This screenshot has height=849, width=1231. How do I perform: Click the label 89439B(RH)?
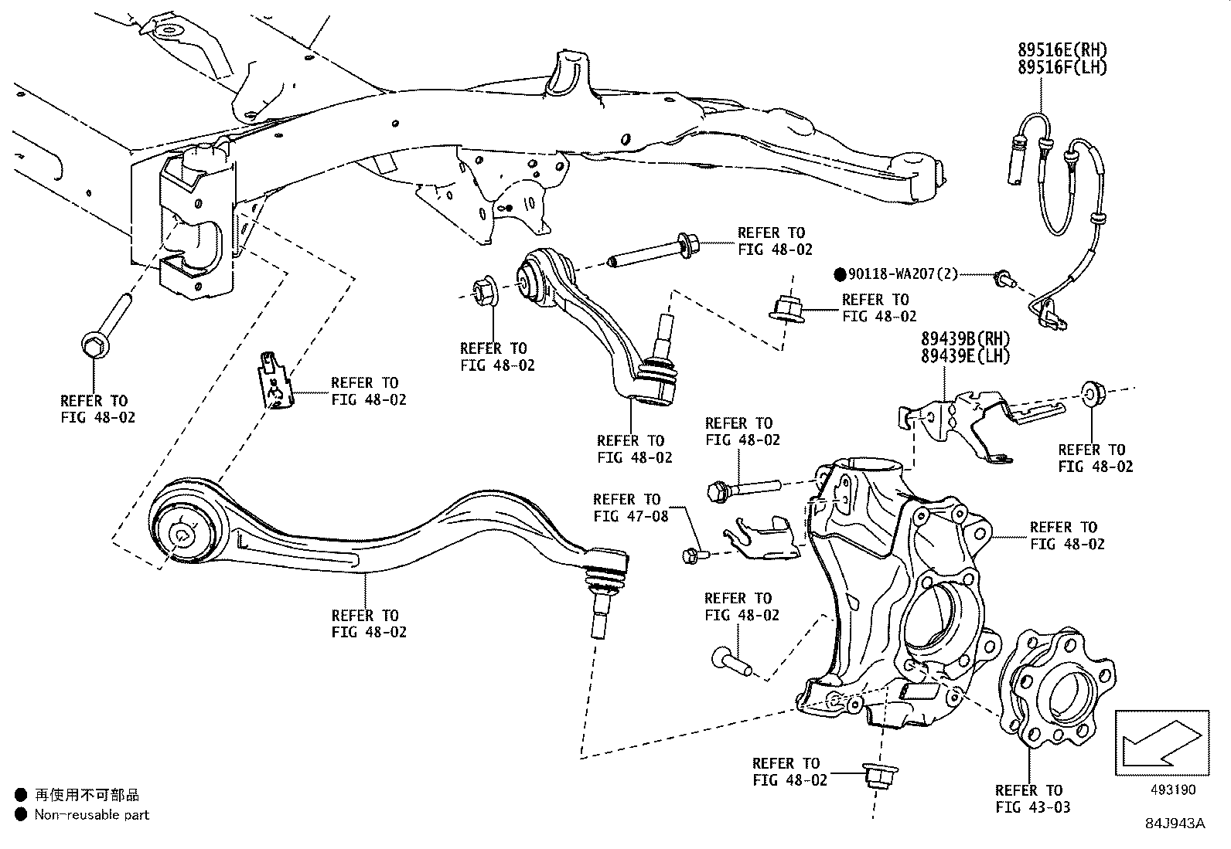(x=965, y=339)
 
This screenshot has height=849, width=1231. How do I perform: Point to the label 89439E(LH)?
(x=965, y=356)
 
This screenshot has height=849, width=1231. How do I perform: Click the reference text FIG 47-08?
(x=631, y=516)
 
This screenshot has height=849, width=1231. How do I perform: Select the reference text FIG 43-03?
(x=1033, y=807)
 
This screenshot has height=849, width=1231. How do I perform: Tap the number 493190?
(x=1171, y=790)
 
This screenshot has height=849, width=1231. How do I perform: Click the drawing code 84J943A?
(x=1175, y=824)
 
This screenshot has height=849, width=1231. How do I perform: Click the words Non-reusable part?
(x=91, y=814)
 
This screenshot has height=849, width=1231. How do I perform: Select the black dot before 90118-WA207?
(x=841, y=274)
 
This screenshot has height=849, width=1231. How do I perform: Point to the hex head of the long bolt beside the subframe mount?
(x=94, y=345)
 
